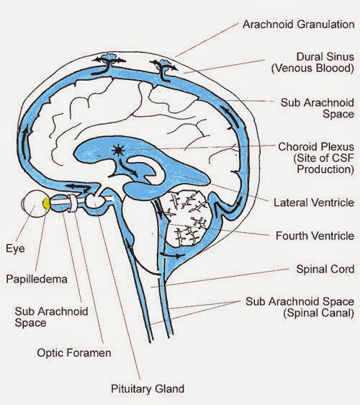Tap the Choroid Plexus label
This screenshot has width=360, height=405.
[x=316, y=146]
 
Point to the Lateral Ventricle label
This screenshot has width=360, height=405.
[x=314, y=203]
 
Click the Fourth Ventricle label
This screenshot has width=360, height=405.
[x=315, y=236]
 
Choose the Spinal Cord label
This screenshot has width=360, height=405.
[x=325, y=269]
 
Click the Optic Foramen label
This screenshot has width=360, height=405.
[x=70, y=353]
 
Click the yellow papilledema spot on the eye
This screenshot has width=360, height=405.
[x=48, y=205]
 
